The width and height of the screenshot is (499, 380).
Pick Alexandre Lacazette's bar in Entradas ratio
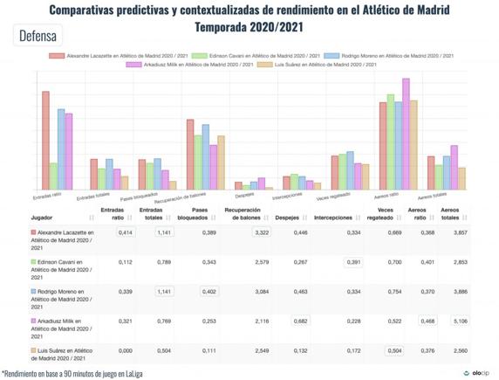pyautogui.click(x=45, y=140)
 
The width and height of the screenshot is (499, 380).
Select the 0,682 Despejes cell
pyautogui.click(x=300, y=321)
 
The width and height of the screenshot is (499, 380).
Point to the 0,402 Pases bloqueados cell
pyautogui.click(x=208, y=292)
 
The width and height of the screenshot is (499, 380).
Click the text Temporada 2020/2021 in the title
pyautogui.click(x=249, y=26)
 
